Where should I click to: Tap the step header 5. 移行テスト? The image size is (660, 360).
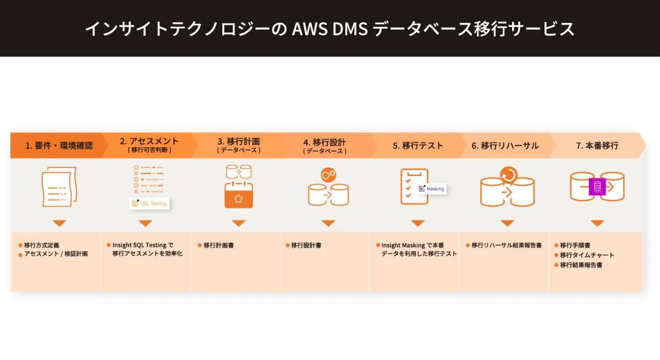(418, 146)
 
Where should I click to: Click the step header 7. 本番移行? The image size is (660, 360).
(597, 146)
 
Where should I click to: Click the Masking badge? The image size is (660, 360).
(431, 189)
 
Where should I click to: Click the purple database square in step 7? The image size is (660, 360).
(597, 187)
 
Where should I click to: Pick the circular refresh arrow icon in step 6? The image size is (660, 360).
(509, 175)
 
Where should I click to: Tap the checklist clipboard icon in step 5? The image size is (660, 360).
(410, 187)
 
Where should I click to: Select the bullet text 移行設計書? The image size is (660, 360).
(306, 246)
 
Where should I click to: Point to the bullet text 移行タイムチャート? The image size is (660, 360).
(587, 255)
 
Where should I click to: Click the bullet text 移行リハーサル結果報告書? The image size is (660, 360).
(506, 246)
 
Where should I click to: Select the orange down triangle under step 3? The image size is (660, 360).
(239, 223)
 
